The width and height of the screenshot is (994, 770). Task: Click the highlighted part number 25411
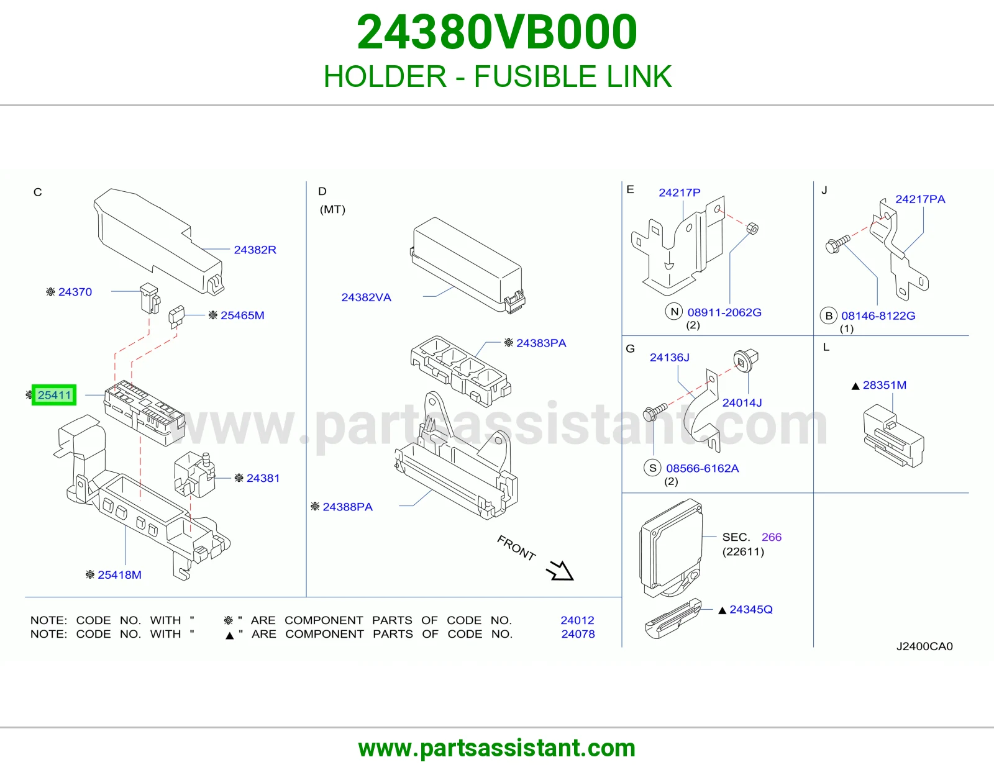[55, 395]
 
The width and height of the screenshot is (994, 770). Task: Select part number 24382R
[255, 250]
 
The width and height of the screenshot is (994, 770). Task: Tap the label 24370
[75, 292]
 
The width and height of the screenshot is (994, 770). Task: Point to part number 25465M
[242, 315]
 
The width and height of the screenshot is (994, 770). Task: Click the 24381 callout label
[263, 478]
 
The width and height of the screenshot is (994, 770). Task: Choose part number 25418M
[119, 575]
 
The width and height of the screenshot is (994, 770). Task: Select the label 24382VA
[367, 297]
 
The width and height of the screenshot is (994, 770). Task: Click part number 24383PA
[541, 343]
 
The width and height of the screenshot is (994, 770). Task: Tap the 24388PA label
[348, 507]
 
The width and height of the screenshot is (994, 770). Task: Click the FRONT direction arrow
[560, 571]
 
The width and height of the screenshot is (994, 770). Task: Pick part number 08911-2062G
[724, 312]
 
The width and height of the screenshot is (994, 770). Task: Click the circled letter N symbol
[674, 312]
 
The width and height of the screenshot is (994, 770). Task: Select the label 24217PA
[920, 199]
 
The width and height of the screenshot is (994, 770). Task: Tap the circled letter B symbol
[828, 315]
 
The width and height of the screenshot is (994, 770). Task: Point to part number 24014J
[742, 402]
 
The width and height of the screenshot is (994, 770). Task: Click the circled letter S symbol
[652, 468]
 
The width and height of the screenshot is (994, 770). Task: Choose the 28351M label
[885, 385]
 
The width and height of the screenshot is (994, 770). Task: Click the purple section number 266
[772, 537]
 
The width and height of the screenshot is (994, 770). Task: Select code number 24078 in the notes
[578, 634]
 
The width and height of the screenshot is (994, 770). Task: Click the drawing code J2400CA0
[924, 646]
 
